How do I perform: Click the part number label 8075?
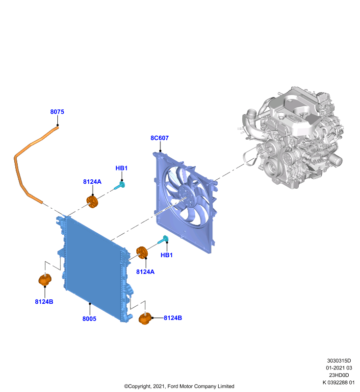[57, 112]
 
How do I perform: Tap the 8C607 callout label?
[159, 138]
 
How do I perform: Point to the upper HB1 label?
[122, 168]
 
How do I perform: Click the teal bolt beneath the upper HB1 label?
[120, 186]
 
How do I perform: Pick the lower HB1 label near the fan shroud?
[167, 255]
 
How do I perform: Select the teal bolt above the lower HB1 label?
[163, 240]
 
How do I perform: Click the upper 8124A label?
[92, 182]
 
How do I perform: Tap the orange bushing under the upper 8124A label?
[92, 202]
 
